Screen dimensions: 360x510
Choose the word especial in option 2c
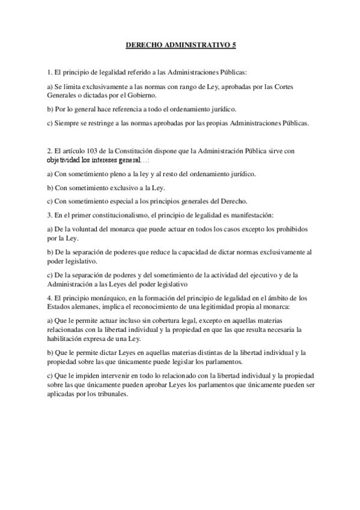(121, 201)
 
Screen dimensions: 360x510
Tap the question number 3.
(49, 214)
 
